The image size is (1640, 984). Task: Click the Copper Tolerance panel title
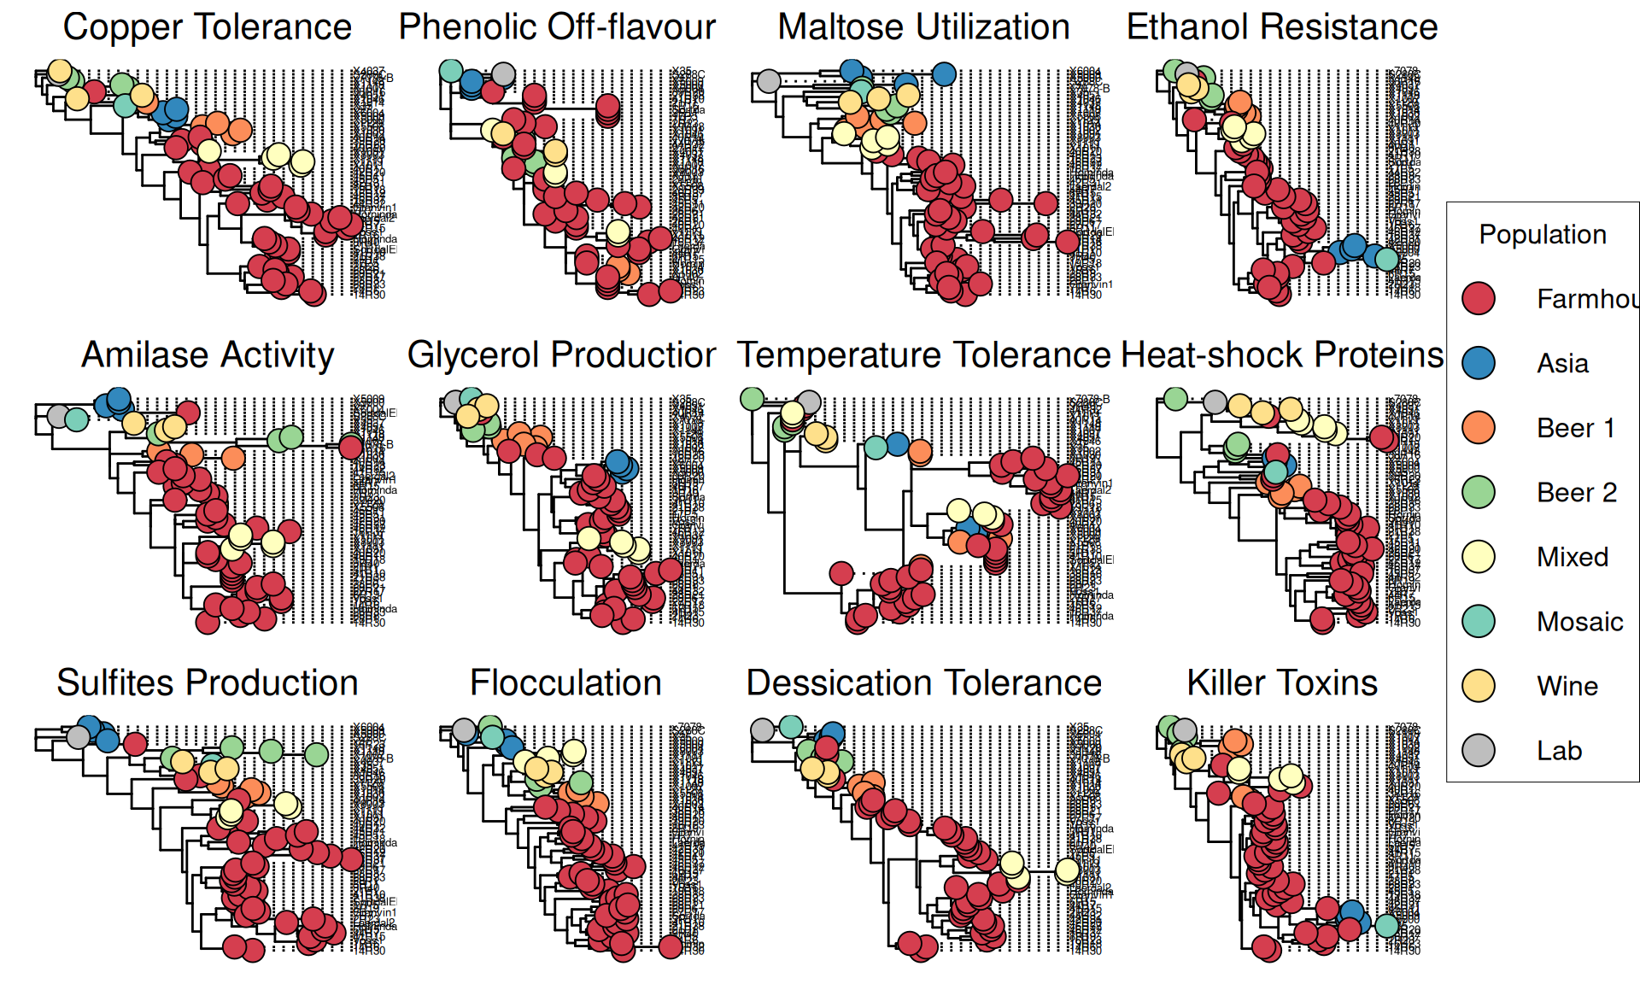pyautogui.click(x=208, y=27)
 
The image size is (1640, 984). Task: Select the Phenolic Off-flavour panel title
pyautogui.click(x=557, y=27)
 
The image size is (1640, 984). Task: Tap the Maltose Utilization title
pyautogui.click(x=923, y=27)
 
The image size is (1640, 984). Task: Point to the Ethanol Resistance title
pyautogui.click(x=1282, y=27)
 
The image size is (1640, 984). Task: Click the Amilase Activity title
pyautogui.click(x=208, y=355)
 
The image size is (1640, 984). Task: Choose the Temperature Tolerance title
pyautogui.click(x=923, y=355)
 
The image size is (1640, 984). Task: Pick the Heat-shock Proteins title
pyautogui.click(x=1282, y=355)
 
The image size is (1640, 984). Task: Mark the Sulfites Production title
pyautogui.click(x=208, y=683)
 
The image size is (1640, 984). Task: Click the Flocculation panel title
pyautogui.click(x=565, y=683)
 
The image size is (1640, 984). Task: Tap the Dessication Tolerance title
pyautogui.click(x=923, y=683)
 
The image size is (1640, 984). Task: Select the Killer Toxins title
pyautogui.click(x=1282, y=683)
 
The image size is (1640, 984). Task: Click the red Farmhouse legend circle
pyautogui.click(x=1479, y=298)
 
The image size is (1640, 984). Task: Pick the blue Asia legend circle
pyautogui.click(x=1479, y=363)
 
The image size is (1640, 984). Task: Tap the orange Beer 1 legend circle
pyautogui.click(x=1479, y=427)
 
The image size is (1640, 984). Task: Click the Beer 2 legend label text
pyautogui.click(x=1577, y=493)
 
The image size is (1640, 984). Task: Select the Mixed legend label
pyautogui.click(x=1573, y=557)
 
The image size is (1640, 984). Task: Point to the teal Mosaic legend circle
pyautogui.click(x=1479, y=621)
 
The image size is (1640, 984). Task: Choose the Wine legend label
pyautogui.click(x=1567, y=686)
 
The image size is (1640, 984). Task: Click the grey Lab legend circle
pyautogui.click(x=1479, y=750)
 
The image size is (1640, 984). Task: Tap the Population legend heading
pyautogui.click(x=1543, y=235)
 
